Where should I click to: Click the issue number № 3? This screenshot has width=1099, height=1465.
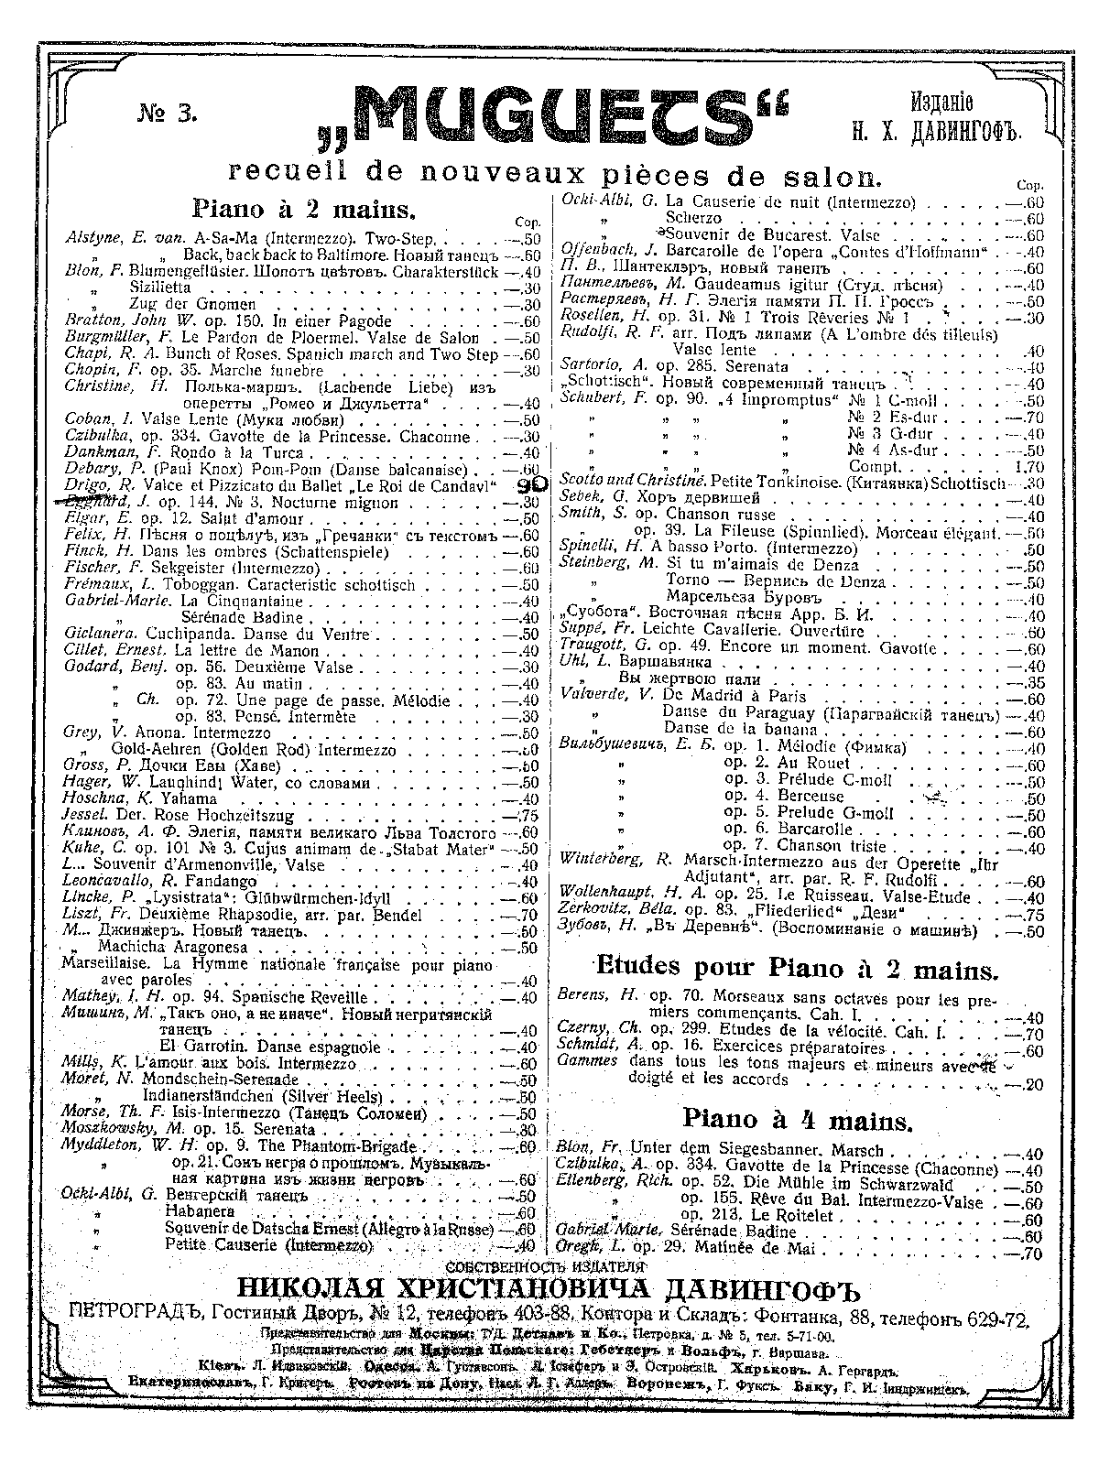pos(166,114)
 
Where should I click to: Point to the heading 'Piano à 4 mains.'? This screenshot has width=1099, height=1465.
pos(797,1120)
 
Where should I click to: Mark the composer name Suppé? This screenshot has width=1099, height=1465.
pos(583,631)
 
